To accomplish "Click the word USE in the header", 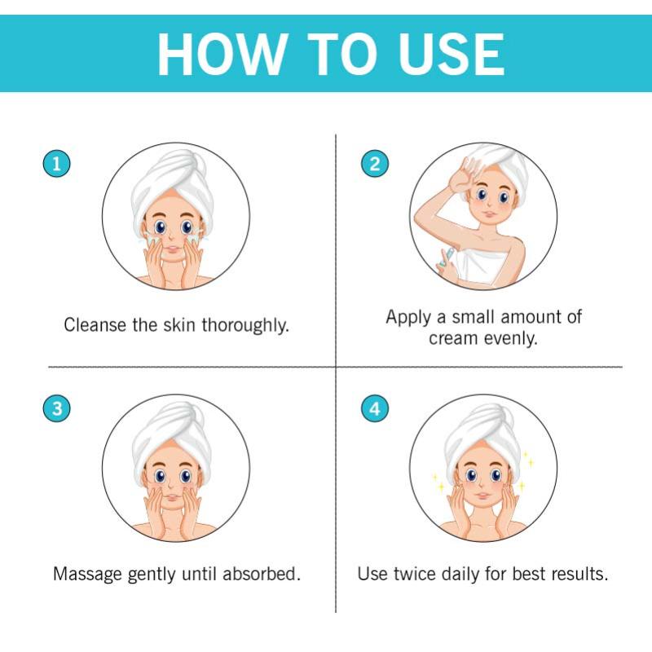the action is tap(451, 54).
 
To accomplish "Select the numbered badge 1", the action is tap(56, 164).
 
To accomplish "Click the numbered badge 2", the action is tap(375, 164).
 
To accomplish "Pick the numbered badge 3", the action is tap(56, 408).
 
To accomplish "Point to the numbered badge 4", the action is tap(375, 408).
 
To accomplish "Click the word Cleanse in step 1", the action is tap(95, 324).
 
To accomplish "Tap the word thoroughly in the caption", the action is tap(245, 325).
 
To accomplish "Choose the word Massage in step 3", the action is tap(87, 575).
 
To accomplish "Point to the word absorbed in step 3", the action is tap(262, 574).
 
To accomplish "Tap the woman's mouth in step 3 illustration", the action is tap(171, 498).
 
